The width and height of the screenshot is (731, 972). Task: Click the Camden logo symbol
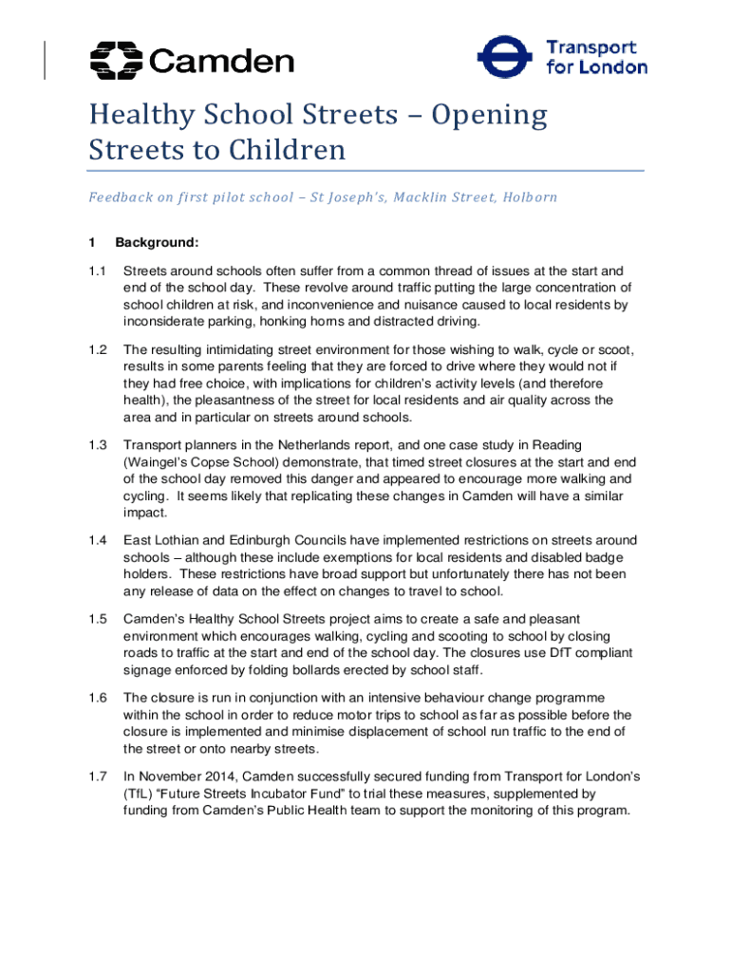pyautogui.click(x=115, y=61)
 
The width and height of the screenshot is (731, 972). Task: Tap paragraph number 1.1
pyautogui.click(x=96, y=271)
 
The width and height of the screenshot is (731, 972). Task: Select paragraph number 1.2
pyautogui.click(x=96, y=349)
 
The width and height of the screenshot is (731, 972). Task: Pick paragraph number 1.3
pyautogui.click(x=96, y=444)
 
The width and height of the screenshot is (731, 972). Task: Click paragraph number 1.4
pyautogui.click(x=96, y=540)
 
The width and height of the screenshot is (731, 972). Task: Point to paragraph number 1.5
pyautogui.click(x=96, y=619)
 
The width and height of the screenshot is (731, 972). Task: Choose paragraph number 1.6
pyautogui.click(x=96, y=698)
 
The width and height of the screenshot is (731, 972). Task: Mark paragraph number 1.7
pyautogui.click(x=96, y=777)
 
